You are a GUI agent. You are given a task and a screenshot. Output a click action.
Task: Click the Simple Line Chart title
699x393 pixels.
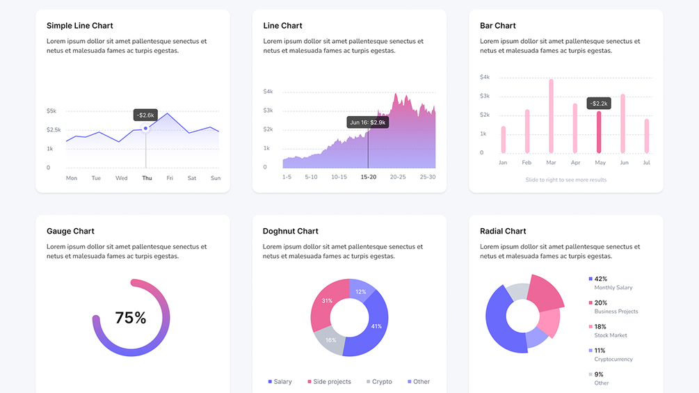[80, 26]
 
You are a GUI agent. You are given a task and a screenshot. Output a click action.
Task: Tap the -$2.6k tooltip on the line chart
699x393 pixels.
[146, 115]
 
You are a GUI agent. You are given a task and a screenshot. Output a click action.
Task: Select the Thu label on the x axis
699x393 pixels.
[147, 178]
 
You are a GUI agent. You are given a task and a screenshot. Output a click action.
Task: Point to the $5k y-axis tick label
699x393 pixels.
[51, 111]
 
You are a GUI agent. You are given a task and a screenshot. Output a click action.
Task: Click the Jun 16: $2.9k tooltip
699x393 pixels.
[368, 122]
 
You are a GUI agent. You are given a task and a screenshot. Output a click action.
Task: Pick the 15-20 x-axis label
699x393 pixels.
[369, 177]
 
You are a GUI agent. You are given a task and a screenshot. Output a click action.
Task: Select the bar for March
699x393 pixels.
[551, 115]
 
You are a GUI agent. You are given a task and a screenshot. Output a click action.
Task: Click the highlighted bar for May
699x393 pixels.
[599, 132]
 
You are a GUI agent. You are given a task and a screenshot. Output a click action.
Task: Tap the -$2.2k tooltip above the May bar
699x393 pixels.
[599, 104]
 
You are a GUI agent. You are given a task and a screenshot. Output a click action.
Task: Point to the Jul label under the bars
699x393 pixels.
[646, 163]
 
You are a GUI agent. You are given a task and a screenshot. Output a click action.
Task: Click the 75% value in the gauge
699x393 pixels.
[131, 318]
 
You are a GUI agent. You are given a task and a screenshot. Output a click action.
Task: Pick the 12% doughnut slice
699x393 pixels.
[361, 290]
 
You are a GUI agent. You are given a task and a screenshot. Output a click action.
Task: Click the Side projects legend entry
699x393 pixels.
[329, 382]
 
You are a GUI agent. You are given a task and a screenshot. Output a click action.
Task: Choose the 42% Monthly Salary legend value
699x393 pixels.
[600, 279]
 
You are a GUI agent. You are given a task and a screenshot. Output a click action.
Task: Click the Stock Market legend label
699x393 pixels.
[610, 335]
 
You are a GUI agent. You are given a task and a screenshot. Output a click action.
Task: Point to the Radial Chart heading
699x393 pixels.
[503, 231]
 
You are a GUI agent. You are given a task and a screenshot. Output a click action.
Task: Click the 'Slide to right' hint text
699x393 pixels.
[566, 179]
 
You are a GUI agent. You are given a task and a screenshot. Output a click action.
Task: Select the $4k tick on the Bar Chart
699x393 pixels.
[485, 77]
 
